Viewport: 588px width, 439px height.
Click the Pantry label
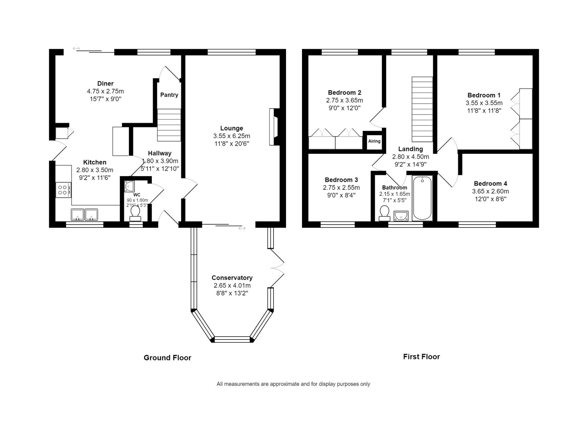169,95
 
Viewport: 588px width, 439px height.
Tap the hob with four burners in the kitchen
64,190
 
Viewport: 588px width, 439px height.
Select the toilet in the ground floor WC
135,213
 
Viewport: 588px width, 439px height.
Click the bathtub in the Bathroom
422,198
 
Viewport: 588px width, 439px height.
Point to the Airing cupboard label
374,141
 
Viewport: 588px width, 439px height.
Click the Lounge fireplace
274,127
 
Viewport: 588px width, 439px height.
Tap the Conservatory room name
232,278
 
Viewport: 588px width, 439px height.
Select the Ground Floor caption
168,358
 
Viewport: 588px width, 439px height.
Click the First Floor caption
421,357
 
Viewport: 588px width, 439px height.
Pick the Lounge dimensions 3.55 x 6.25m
232,136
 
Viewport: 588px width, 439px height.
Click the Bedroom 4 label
490,183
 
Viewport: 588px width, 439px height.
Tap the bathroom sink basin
401,216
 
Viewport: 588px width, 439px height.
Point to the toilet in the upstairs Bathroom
384,213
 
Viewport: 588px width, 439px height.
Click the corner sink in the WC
129,186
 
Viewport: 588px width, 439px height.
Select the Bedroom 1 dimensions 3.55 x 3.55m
484,103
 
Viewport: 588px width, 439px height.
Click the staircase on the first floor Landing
422,109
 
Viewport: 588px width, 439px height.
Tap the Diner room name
105,84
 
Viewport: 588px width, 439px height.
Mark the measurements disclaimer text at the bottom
293,384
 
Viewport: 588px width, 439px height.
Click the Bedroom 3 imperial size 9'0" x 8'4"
341,195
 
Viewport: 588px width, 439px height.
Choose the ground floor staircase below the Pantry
169,125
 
